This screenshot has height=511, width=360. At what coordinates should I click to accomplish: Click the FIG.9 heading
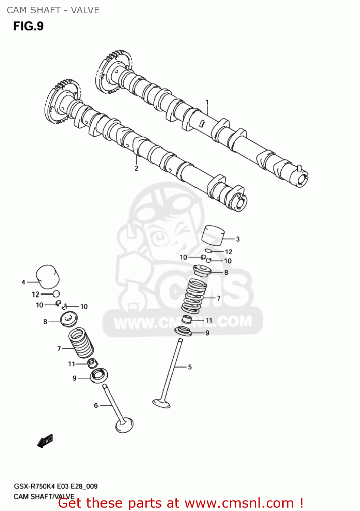click(28, 26)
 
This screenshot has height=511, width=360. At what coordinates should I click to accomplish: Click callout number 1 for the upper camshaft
click(207, 102)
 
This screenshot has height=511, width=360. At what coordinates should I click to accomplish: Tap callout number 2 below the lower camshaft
click(136, 168)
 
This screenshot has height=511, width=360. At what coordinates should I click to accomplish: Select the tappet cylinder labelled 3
click(213, 235)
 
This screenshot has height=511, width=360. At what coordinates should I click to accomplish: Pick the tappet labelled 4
click(48, 276)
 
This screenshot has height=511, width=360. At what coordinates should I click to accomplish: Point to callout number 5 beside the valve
click(190, 367)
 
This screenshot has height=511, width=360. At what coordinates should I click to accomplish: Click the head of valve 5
click(161, 403)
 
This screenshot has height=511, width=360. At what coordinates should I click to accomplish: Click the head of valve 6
click(124, 425)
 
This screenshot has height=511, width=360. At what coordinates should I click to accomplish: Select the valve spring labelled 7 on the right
click(194, 296)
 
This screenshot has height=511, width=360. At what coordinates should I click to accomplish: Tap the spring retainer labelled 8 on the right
click(202, 271)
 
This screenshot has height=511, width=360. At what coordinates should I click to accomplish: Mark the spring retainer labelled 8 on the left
click(69, 319)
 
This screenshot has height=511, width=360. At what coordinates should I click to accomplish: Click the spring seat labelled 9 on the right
click(183, 331)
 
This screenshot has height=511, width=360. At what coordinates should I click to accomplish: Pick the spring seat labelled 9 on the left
click(99, 375)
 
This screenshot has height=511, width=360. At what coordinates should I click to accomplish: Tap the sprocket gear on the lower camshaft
click(61, 102)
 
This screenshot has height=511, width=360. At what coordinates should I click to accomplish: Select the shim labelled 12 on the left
click(56, 294)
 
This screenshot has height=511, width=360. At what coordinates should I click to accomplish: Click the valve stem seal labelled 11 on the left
click(92, 363)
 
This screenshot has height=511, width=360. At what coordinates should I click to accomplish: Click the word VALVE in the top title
click(85, 10)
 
